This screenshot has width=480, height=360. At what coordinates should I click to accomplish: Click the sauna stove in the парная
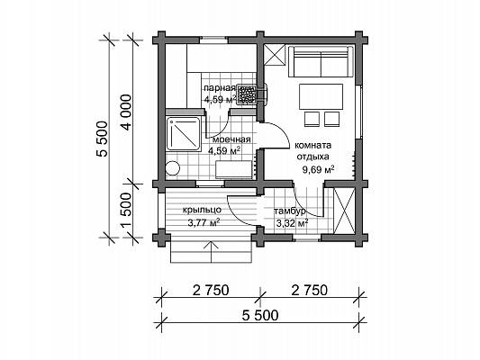246,95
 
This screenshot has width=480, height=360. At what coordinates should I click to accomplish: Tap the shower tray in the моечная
183,133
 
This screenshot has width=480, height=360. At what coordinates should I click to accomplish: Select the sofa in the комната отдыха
321,61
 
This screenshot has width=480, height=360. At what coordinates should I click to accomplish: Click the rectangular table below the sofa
321,96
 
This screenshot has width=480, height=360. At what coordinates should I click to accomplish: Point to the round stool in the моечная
172,168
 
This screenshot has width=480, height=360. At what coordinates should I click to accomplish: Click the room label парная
220,88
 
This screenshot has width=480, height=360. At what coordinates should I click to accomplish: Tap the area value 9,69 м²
318,169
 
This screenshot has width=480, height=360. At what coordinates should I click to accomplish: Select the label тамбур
289,211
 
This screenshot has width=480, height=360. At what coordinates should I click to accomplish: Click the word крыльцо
202,210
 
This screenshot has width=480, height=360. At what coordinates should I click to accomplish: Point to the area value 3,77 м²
204,222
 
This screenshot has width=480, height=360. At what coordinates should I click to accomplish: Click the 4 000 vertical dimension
126,112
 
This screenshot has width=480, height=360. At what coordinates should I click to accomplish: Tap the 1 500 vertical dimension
126,211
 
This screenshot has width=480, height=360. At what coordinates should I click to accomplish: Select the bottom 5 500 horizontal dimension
260,315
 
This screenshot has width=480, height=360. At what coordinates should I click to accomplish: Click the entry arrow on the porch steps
212,251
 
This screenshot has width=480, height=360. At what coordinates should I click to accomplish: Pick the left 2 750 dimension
211,291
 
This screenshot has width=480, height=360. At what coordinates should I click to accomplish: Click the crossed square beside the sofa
275,55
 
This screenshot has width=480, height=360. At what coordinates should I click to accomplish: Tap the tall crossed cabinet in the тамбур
344,211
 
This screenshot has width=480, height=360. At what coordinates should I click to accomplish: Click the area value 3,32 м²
292,224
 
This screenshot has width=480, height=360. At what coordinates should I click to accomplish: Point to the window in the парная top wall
214,39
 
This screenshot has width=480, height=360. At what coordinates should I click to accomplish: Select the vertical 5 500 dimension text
103,139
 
